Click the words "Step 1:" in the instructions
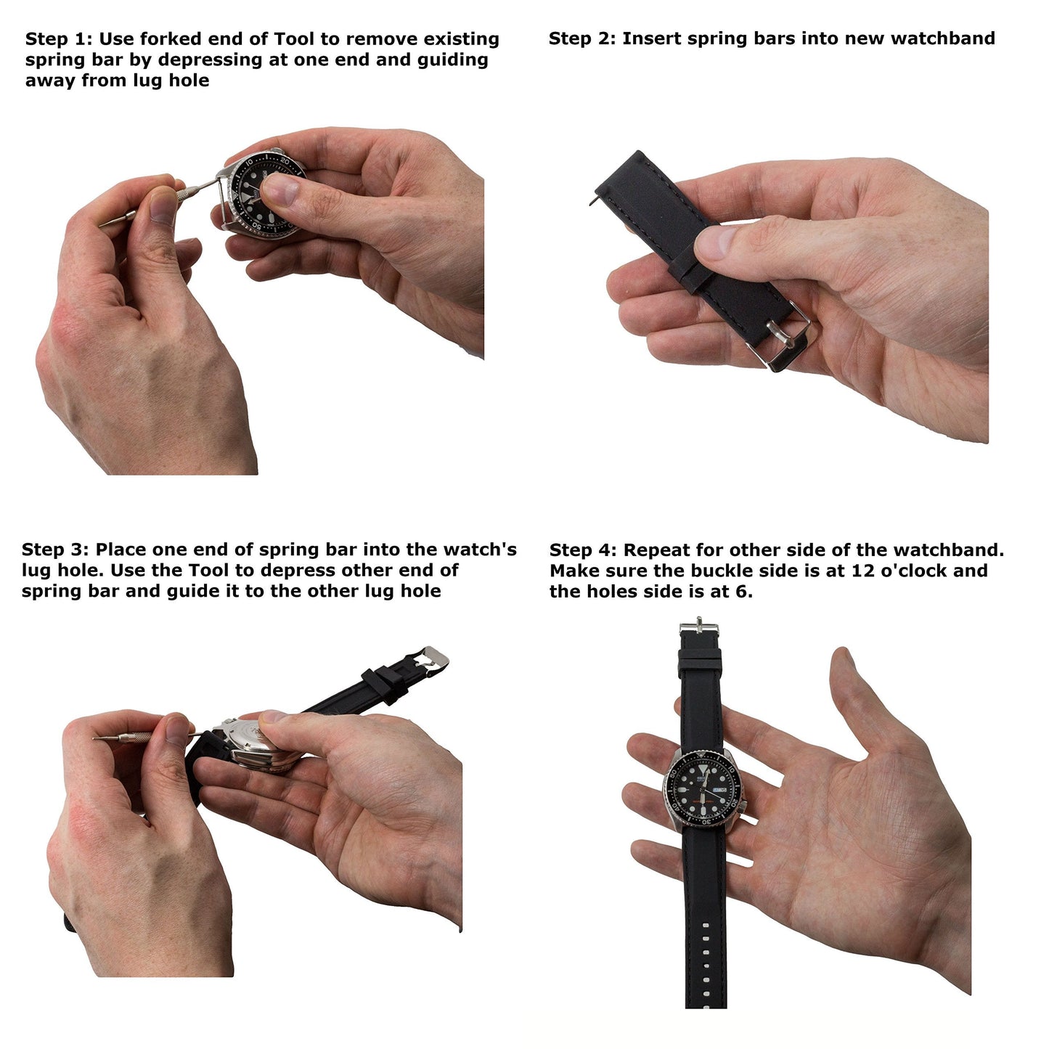[59, 39]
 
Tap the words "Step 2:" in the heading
[582, 38]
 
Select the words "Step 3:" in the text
[55, 550]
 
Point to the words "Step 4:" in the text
[583, 550]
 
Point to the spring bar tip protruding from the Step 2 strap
[594, 202]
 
